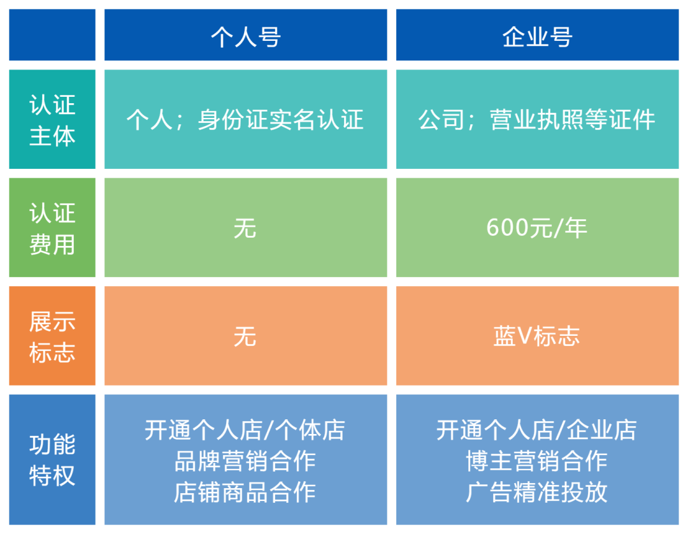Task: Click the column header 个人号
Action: point(245,37)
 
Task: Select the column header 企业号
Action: point(537,37)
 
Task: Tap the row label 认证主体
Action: point(52,120)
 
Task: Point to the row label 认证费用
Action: point(52,228)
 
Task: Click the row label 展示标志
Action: point(52,336)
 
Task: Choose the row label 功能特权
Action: point(52,459)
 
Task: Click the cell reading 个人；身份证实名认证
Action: point(245,120)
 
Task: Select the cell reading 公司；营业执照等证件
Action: point(537,120)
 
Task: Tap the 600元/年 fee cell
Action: point(537,228)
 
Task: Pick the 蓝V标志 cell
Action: point(537,336)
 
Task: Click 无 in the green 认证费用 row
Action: point(245,228)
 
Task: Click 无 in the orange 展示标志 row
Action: point(245,336)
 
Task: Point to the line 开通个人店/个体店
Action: point(245,430)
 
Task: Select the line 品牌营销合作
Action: point(245,461)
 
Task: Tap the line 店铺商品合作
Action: point(245,491)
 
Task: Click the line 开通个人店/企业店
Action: point(537,430)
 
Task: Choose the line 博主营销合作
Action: point(537,461)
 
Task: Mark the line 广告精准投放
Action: point(537,491)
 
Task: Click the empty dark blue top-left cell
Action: point(52,35)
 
